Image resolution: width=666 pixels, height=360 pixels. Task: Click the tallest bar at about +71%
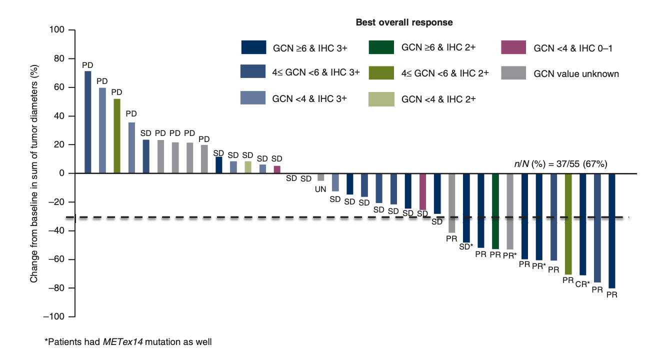87,122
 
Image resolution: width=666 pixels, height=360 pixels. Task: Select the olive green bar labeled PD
116,136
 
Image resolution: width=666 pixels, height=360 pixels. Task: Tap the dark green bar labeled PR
495,211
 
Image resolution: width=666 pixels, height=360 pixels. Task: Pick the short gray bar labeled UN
321,177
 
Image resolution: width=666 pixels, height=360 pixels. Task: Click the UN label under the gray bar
321,189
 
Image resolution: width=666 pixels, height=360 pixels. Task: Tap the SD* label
466,246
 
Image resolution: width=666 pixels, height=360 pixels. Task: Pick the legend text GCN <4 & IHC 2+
438,99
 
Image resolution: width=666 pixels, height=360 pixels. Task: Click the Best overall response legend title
404,22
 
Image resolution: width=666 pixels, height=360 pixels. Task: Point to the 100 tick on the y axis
58,30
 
